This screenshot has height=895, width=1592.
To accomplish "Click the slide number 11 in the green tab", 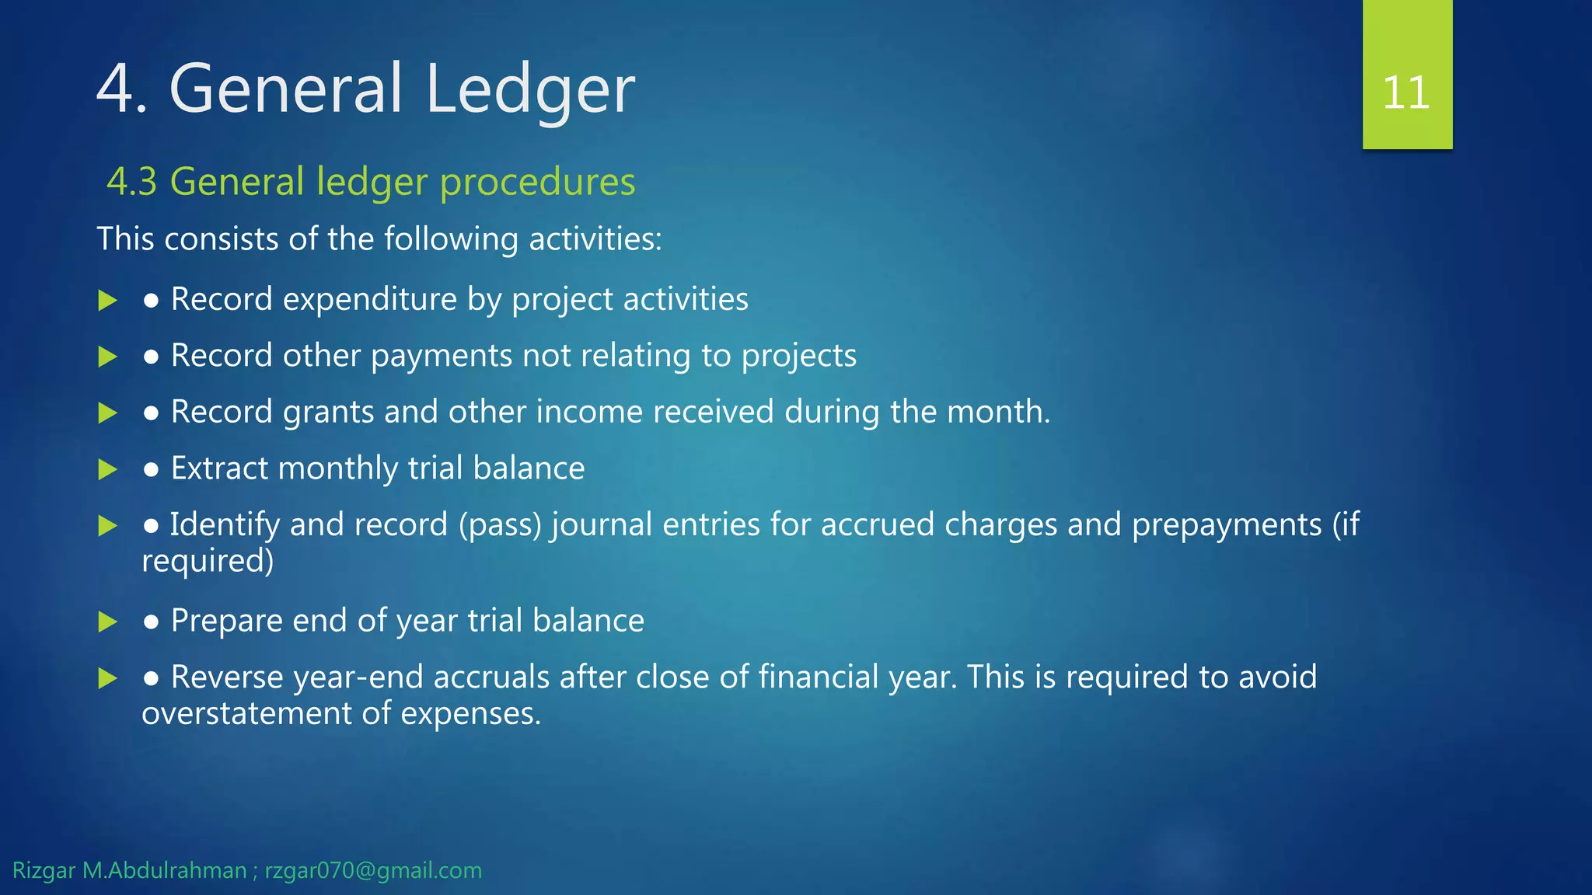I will (1406, 93).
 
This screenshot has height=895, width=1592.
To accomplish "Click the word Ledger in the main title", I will (530, 89).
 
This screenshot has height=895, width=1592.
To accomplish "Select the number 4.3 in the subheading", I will (131, 182).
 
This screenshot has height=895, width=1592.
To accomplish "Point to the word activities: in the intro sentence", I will (595, 239).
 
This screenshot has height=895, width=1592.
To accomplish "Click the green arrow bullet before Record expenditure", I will (107, 301).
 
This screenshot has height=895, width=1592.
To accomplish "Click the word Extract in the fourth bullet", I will (219, 468).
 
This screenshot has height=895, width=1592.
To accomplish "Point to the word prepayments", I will (1226, 526).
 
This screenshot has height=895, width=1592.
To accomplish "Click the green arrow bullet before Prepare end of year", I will (107, 622).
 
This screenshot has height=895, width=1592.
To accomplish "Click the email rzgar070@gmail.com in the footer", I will (373, 871).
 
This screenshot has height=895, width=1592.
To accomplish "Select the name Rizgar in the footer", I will (44, 871).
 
